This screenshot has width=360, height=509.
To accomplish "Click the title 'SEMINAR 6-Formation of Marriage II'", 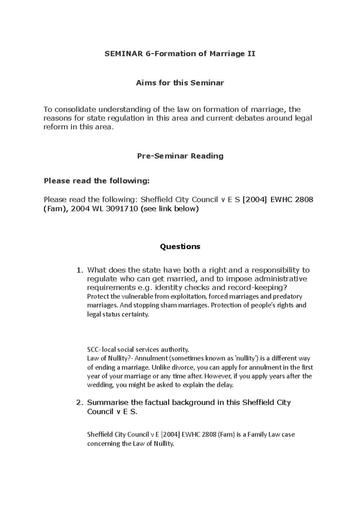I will pos(180,54).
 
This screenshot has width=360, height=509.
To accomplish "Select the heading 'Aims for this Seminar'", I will pos(180,83).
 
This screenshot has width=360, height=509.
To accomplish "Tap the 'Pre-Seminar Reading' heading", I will pos(180,156).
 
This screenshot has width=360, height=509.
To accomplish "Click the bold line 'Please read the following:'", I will pos(96,181).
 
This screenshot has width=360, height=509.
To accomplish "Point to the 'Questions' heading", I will pos(180,246).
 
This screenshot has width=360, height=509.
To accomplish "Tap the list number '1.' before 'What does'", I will pos(79,270).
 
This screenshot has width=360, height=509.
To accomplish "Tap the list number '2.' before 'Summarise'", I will pos(79,403).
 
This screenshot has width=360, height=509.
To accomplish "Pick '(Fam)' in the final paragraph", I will pos(226,434).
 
